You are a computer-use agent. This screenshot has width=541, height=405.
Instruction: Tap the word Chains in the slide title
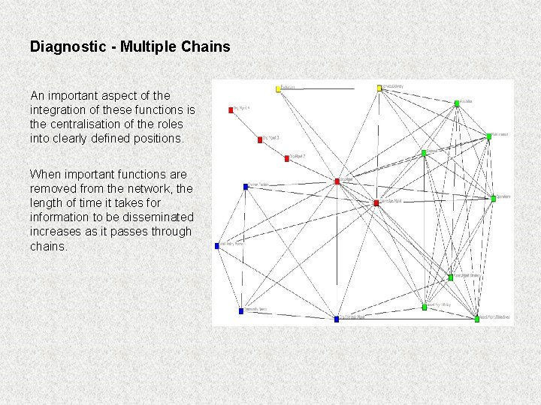(206, 46)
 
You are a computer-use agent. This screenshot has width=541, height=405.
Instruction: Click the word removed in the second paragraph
(53, 188)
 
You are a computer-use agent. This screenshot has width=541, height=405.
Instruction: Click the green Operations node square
(494, 198)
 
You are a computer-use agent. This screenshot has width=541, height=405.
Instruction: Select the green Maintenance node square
(488, 136)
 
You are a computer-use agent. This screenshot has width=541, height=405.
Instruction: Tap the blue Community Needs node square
(241, 310)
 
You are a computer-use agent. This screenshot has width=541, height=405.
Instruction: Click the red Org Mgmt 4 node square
(231, 109)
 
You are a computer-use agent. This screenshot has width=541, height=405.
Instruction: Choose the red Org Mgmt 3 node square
(260, 139)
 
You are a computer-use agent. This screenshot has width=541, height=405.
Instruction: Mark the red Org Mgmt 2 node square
(286, 158)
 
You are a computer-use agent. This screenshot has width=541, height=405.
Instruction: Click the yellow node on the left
(278, 88)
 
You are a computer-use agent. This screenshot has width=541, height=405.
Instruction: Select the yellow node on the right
(379, 88)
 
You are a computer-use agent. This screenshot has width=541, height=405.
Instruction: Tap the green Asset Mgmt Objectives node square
(476, 319)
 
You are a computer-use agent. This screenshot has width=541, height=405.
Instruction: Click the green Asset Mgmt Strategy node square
(451, 277)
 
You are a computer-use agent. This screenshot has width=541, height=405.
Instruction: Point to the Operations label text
(503, 197)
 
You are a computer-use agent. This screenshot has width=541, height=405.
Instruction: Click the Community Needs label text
(256, 310)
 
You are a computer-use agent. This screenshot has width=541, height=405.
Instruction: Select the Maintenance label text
(500, 135)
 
